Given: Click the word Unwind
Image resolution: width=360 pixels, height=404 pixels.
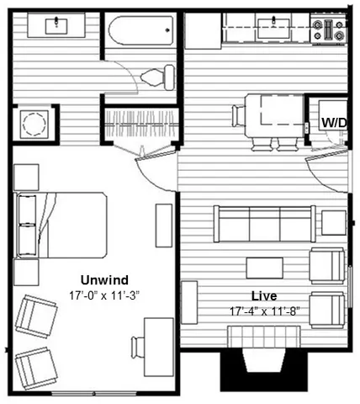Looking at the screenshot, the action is pos(104,280).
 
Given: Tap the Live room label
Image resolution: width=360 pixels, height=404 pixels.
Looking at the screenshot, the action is pos(264,296).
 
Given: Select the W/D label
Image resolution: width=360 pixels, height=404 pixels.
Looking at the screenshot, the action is pos(334,123).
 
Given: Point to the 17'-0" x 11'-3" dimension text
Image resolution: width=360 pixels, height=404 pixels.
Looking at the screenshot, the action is pos(104,295).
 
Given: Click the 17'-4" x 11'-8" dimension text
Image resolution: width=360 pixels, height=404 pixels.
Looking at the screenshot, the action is pos(265,311).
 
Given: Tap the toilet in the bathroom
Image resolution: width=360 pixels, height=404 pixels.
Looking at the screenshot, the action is pos(157,77).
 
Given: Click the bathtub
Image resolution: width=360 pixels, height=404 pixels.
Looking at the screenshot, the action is pos(141,30).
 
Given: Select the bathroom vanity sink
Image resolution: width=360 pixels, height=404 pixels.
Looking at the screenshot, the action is pos(56,25).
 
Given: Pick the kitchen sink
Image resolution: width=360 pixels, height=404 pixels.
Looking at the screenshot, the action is pos(273,28).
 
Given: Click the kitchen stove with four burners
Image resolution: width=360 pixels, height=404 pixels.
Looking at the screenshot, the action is pos(329,29).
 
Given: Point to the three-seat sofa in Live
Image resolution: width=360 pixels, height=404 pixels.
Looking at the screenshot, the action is pos(264,224).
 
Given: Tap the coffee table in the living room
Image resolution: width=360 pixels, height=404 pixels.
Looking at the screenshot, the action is pos(265,268).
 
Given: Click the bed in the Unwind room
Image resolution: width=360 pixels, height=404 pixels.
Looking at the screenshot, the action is pos(61,225).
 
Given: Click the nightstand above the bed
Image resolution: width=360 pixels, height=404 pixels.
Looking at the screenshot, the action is pos(26,177).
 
